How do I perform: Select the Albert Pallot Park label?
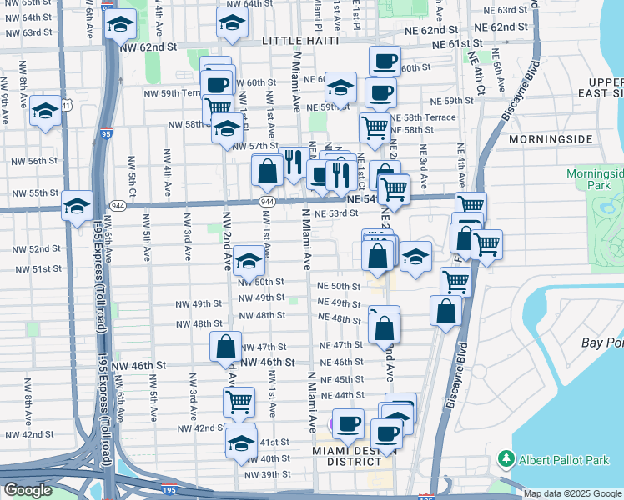(x=562, y=459)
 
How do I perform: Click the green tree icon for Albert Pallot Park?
(x=506, y=458)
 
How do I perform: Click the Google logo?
(x=28, y=491)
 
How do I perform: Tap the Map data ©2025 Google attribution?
(x=573, y=493)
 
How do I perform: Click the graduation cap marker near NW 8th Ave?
(x=45, y=111)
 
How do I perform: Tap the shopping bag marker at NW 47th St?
(x=225, y=347)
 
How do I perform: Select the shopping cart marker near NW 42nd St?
(x=239, y=402)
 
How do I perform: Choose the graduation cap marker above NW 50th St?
(x=249, y=262)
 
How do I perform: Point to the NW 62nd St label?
(x=150, y=49)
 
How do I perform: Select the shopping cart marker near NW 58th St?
(x=217, y=108)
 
